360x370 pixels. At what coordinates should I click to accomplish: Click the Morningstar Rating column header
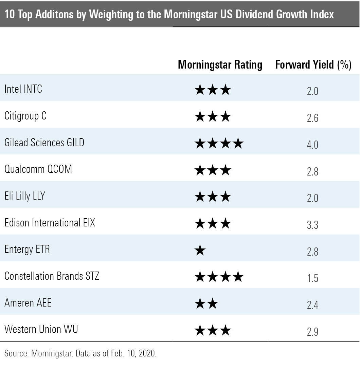220,64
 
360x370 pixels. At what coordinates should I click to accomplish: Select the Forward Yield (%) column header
313,64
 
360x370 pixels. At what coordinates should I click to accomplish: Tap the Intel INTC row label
23,89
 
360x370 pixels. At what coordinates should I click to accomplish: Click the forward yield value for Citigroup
312,118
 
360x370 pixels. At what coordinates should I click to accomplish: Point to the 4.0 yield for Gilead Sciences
312,145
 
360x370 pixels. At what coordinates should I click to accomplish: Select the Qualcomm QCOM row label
38,169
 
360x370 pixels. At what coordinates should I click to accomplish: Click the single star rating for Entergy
200,251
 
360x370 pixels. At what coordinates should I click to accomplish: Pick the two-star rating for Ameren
206,304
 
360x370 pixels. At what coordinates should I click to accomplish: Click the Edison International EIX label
50,223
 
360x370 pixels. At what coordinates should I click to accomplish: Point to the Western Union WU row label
41,329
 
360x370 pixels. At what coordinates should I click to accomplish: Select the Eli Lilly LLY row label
24,196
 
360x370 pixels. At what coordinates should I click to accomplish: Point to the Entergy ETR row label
27,249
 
